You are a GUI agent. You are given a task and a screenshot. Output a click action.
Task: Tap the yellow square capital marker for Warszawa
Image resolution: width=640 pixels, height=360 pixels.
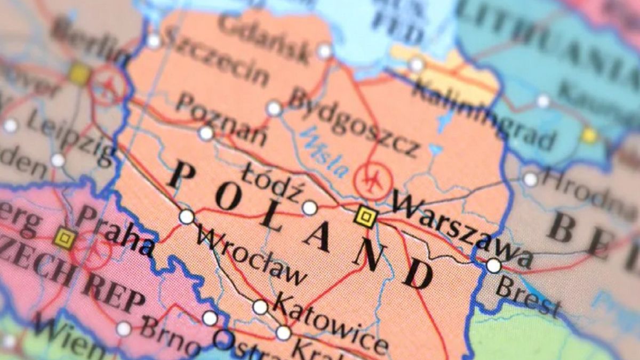click(x=366, y=217)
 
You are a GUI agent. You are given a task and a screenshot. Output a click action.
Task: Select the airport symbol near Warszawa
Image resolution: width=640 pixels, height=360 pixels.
click(x=373, y=181)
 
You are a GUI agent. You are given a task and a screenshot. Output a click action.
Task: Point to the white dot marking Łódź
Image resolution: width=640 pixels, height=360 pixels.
click(x=310, y=208)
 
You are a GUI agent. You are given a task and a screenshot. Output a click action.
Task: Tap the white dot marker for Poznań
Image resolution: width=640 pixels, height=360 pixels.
click(x=206, y=133)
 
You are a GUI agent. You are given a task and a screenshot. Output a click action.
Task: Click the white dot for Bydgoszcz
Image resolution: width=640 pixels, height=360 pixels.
click(x=274, y=108)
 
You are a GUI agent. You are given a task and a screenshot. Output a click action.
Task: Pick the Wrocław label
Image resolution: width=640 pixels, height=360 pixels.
click(x=251, y=256)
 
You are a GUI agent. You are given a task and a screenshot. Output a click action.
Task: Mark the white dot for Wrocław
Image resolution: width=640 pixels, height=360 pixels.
click(x=186, y=217)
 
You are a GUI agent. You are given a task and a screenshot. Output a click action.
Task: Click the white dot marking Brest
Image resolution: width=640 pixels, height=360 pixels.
click(x=494, y=265)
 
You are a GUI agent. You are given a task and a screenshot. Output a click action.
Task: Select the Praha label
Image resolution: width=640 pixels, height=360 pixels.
click(x=114, y=233)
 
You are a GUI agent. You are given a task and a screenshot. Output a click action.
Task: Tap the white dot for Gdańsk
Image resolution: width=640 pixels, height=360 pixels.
click(x=324, y=51)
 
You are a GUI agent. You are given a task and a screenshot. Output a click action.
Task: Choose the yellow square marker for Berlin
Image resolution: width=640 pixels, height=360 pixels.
click(x=79, y=74)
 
